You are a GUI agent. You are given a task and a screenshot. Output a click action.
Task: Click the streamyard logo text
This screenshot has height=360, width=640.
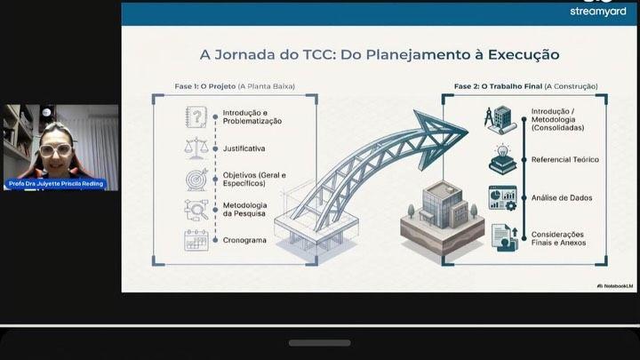[x=598, y=12]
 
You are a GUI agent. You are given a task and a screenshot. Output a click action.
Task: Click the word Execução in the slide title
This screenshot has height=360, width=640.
[x=524, y=55]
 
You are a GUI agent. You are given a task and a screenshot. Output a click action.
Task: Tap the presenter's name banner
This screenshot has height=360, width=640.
[x=56, y=184]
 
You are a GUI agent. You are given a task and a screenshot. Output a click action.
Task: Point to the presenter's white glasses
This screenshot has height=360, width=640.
[x=55, y=150]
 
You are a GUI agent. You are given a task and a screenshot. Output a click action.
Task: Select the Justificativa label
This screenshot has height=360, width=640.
[x=244, y=148]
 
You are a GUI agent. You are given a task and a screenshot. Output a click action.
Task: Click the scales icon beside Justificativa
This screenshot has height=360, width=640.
[x=196, y=148]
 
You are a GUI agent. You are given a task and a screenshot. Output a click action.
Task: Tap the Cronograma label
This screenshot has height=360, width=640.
[x=244, y=240]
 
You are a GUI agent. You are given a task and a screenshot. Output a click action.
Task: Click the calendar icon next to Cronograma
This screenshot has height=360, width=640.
[x=196, y=240]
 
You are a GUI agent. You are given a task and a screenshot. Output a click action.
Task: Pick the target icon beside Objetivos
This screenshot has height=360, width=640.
[x=196, y=180]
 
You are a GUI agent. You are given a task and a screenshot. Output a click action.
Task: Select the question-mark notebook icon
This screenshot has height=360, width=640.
[x=196, y=117]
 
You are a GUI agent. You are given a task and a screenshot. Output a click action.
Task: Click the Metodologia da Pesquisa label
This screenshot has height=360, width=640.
[x=245, y=210]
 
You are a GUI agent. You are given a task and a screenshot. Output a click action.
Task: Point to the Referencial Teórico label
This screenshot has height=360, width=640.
[x=565, y=160]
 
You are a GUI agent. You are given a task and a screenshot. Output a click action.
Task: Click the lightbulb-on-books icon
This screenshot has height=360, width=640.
[x=502, y=160]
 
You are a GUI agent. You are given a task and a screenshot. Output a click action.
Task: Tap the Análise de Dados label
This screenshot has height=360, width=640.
[x=562, y=198]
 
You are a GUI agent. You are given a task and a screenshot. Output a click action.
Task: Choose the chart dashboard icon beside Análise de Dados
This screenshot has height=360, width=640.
[x=503, y=198]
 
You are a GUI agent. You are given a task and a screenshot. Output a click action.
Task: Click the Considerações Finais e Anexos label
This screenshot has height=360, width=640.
[x=558, y=239]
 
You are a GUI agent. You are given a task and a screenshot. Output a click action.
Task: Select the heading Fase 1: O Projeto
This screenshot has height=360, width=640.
[x=205, y=86]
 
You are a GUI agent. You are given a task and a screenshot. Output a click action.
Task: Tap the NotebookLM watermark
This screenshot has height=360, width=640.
[x=615, y=286]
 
